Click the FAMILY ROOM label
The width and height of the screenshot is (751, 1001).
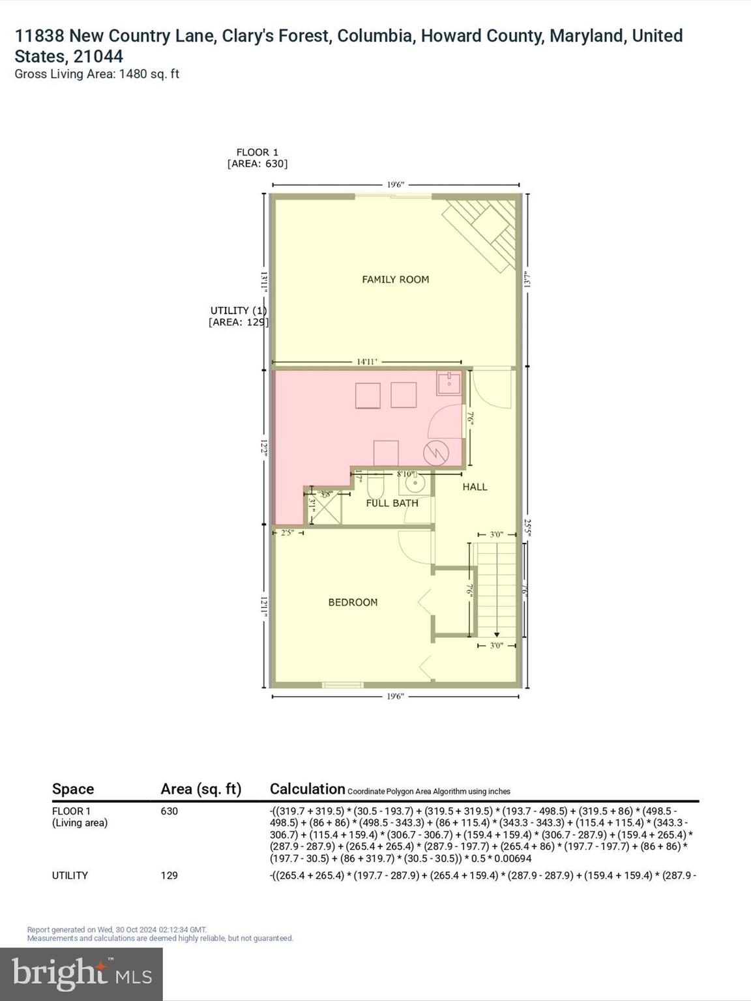click(x=395, y=280)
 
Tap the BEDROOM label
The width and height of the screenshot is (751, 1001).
click(x=353, y=602)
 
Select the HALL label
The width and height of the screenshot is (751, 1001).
click(x=475, y=487)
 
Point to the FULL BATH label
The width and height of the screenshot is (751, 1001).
click(x=392, y=503)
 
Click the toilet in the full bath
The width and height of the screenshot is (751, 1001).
click(x=375, y=486)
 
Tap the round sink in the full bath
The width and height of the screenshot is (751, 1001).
click(x=415, y=484)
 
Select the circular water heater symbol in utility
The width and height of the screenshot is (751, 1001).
click(x=435, y=452)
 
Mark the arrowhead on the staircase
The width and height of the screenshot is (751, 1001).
click(x=497, y=634)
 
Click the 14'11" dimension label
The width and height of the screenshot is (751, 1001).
click(x=367, y=362)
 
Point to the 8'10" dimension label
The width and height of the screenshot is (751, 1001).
click(x=405, y=474)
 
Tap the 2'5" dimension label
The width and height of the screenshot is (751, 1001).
click(x=287, y=532)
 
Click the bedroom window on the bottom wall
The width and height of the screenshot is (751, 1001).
click(x=343, y=684)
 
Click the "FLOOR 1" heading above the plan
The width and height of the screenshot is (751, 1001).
click(x=257, y=152)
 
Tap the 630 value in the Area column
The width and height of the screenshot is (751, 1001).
click(x=169, y=811)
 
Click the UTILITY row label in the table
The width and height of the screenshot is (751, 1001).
click(x=70, y=875)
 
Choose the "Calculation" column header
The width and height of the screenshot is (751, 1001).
click(x=307, y=789)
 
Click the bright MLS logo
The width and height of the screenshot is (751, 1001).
click(x=81, y=974)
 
